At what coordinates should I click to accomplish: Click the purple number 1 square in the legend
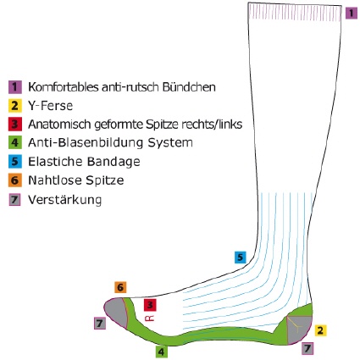click(15, 87)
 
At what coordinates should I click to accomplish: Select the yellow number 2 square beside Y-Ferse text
click(15, 106)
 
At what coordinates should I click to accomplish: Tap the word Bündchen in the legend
click(189, 87)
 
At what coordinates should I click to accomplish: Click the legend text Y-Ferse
click(51, 106)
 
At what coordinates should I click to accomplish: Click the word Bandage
click(114, 162)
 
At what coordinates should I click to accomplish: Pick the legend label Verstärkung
click(65, 200)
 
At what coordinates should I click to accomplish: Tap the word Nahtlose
click(55, 180)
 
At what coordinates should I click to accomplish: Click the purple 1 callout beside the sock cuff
click(352, 13)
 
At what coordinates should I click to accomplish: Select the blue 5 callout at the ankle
click(240, 258)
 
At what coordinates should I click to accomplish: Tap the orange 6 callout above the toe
click(120, 287)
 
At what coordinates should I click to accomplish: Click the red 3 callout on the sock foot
click(150, 305)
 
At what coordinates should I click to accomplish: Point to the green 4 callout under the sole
click(161, 352)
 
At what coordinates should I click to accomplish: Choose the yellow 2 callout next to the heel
click(320, 330)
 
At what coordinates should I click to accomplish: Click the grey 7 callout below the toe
click(100, 324)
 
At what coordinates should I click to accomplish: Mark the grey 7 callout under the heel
click(307, 348)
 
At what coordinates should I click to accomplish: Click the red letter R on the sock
click(149, 318)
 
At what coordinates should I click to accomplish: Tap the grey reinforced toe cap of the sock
click(116, 311)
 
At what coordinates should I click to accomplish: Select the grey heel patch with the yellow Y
click(298, 329)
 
